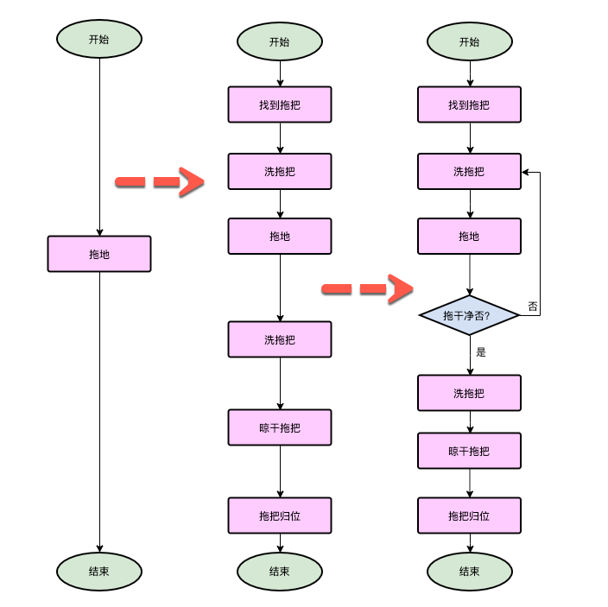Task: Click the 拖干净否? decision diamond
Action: pos(469,315)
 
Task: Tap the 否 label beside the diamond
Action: pos(532,307)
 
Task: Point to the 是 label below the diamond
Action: pos(481,352)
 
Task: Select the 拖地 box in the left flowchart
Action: pos(99,254)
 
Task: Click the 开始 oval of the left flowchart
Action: pos(99,39)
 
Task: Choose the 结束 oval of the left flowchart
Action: pos(99,571)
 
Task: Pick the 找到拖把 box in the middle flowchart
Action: pos(280,104)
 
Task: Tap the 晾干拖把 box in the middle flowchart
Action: pos(280,427)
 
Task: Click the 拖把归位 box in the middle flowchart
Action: pos(280,515)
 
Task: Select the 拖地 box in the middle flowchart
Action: pos(280,236)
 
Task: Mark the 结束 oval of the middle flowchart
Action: pos(280,571)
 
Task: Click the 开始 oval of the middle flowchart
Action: pos(280,41)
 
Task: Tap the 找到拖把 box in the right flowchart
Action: pos(469,104)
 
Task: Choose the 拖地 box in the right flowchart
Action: pos(469,236)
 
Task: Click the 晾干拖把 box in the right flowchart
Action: pos(469,450)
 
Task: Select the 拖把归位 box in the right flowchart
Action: pos(469,515)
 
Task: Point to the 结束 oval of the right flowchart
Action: pos(469,571)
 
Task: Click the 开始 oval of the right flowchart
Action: pos(469,41)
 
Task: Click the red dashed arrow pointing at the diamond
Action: pos(368,288)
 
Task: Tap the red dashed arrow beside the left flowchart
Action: pos(160,182)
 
